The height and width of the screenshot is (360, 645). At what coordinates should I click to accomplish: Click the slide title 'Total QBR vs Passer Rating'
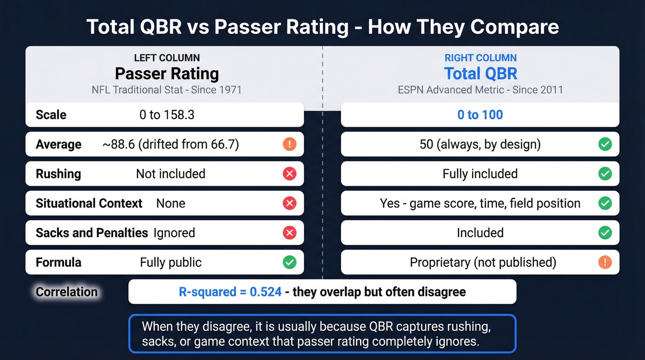pos(322,27)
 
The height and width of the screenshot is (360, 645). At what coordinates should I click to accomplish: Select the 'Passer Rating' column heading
pos(167,74)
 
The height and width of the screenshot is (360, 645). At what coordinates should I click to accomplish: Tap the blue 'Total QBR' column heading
pos(481,74)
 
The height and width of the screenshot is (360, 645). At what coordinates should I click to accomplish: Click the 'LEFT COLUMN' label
pos(167,58)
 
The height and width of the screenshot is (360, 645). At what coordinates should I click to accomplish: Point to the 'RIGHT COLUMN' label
pos(481,58)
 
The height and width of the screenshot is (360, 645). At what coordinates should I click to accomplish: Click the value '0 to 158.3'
pos(167,115)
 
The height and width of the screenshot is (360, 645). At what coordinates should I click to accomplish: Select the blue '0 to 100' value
pos(480,115)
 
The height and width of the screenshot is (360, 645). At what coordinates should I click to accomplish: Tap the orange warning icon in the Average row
pos(289,144)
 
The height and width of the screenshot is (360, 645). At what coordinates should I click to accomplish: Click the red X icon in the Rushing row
pos(289,174)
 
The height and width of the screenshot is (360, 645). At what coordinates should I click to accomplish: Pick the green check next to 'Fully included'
pos(604,174)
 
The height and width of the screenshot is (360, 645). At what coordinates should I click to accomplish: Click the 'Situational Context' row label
pos(89,203)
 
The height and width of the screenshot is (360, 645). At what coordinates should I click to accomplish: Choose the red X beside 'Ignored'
pos(289,233)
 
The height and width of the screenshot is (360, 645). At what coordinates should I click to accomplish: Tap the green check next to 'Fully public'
pos(289,262)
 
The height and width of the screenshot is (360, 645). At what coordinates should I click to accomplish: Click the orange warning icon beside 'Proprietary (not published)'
pos(604,262)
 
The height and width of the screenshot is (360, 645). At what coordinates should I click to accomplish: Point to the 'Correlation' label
pos(67,292)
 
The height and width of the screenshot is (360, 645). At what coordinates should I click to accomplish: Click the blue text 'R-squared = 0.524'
pos(230,292)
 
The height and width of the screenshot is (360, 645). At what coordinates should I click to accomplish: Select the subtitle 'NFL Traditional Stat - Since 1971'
pos(167,89)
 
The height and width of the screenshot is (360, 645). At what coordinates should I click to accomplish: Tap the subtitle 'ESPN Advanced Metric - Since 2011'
pos(481,89)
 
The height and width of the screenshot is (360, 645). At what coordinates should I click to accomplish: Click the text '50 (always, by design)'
pos(480,144)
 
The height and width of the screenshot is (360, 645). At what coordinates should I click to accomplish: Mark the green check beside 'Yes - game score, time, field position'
pos(604,203)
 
